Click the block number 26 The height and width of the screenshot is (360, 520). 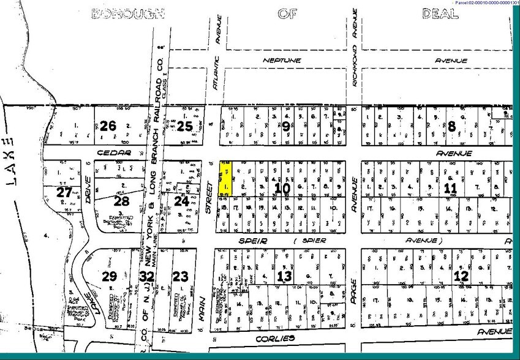[108, 126]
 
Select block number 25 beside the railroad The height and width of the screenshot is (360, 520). [184, 127]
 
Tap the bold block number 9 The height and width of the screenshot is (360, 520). [286, 126]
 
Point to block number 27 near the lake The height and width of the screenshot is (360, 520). [64, 192]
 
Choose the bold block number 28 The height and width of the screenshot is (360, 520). [121, 201]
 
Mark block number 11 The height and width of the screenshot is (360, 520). [450, 187]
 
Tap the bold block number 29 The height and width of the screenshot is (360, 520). [109, 276]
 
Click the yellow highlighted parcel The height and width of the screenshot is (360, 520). [225, 178]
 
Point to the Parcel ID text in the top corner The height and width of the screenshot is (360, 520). [486, 3]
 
